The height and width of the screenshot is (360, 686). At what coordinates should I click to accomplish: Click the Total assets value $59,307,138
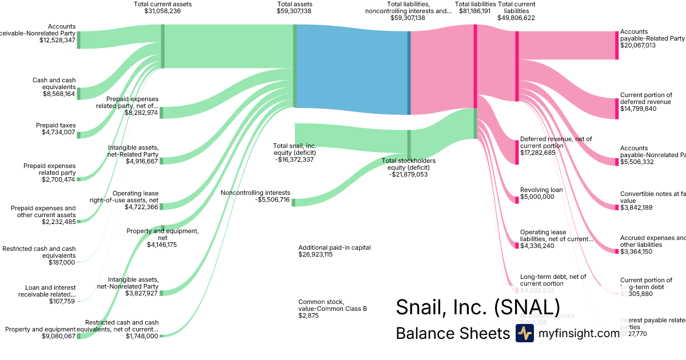coord(294,11)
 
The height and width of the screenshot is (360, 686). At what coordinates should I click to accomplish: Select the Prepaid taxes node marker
coord(79,135)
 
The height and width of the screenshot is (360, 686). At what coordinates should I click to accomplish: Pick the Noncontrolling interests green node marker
coord(293,202)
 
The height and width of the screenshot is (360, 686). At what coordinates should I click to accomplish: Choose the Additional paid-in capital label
coord(334,247)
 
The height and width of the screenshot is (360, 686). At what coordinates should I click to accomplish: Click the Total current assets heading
coord(163,4)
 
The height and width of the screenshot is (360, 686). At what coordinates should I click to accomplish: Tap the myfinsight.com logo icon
coord(525,333)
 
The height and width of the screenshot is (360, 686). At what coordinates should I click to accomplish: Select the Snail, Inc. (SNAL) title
coord(477,307)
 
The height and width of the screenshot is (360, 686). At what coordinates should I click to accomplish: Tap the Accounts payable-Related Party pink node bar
coord(617,45)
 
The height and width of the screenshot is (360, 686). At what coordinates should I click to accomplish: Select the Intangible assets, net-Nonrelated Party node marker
coord(161,293)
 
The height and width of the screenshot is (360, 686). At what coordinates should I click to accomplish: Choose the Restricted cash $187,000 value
coord(62,262)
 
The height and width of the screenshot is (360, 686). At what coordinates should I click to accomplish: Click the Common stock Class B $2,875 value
coord(308,315)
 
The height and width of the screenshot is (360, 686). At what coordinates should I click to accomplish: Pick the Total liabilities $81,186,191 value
coord(474,11)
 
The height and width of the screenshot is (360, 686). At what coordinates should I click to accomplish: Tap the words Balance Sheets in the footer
coord(452,334)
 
